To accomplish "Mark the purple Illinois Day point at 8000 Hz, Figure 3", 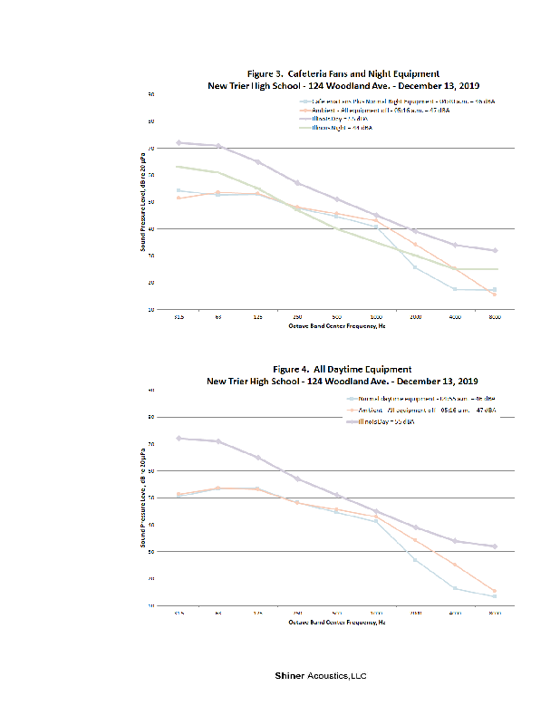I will click(x=495, y=250).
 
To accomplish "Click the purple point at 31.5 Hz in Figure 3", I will click(x=179, y=142).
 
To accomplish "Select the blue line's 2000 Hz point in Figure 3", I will click(x=415, y=266).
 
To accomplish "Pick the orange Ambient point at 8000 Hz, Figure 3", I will click(x=495, y=295).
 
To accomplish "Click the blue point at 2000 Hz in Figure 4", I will click(x=415, y=559).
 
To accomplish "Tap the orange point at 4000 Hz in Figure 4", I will click(x=455, y=565).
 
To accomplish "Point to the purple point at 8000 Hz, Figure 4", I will click(x=495, y=546).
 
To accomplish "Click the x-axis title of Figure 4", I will click(x=336, y=622).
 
